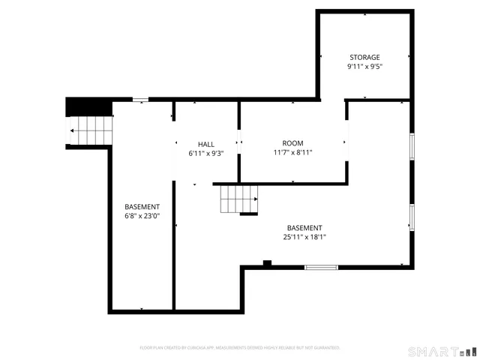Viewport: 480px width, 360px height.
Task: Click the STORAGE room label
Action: coord(364,58)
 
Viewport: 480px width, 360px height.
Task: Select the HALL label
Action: coord(206,144)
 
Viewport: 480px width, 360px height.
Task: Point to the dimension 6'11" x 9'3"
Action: coord(206,153)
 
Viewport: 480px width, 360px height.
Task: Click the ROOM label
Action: coord(292,143)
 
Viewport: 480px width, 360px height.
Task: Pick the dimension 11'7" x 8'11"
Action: coord(292,152)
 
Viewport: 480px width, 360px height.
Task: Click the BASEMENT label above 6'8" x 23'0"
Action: coord(142,207)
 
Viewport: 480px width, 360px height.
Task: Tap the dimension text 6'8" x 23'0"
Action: coord(142,216)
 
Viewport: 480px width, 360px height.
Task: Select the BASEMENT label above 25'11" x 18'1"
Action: coord(304,228)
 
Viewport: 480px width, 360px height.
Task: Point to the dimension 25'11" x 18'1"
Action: coord(304,237)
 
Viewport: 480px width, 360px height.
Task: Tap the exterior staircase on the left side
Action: coord(91,131)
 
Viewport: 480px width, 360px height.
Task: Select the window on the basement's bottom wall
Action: coord(321,267)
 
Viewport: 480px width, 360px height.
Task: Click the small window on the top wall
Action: coord(140,99)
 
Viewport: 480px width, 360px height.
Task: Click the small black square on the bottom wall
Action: coord(267,262)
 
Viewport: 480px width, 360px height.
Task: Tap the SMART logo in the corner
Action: coord(442,351)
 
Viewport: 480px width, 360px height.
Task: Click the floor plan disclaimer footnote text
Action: coord(240,347)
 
